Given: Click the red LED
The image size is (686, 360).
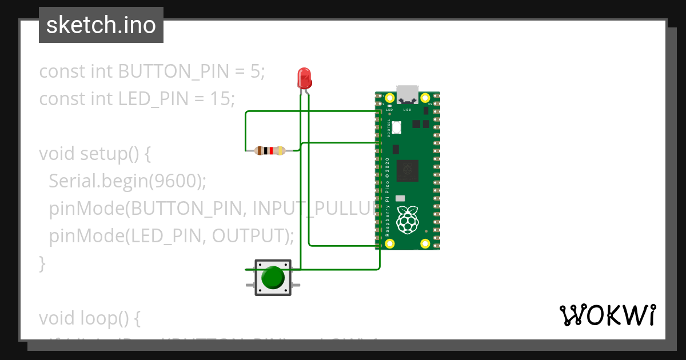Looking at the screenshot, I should click(304, 77).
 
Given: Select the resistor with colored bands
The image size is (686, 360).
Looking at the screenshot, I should click(270, 151).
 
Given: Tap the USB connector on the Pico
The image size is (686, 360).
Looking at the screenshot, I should click(408, 93).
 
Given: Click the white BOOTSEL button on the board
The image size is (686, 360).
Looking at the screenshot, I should click(396, 127).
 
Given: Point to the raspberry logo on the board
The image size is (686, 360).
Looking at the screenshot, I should click(408, 219).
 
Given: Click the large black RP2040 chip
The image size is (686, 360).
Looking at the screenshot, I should click(408, 170).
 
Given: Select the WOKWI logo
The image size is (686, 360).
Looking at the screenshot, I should click(607, 315).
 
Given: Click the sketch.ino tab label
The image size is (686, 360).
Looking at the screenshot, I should click(101, 25).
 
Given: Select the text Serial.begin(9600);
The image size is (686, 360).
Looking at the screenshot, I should click(127, 181).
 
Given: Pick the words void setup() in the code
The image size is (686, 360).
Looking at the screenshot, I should click(94, 154).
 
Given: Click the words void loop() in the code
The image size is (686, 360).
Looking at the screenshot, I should click(89, 317).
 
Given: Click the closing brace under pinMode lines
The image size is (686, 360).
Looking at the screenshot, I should click(41, 263).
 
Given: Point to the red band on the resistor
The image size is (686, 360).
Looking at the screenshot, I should click(270, 151).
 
